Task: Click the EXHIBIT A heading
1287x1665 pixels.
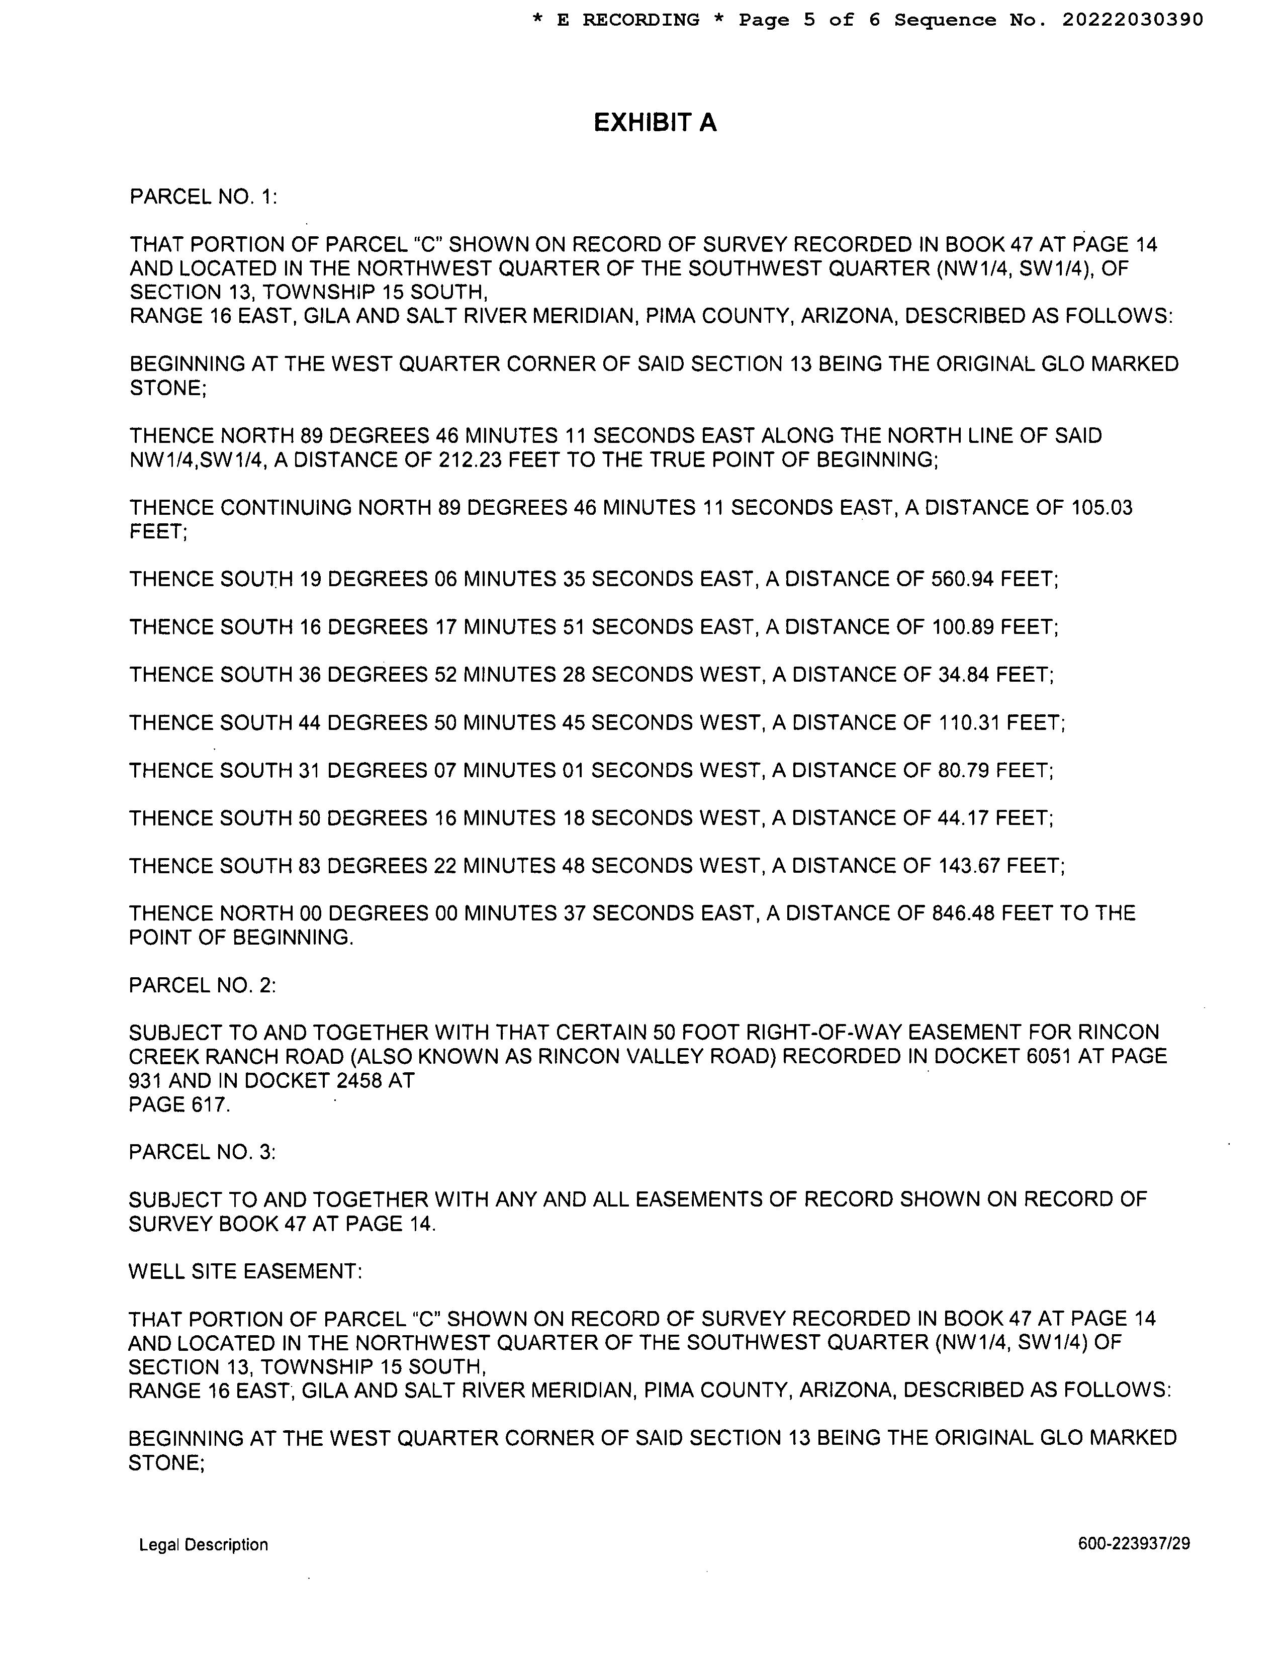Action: point(655,123)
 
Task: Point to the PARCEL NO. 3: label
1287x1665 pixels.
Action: point(203,1151)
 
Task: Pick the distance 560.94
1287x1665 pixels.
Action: point(962,580)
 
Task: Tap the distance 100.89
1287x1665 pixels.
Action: point(962,627)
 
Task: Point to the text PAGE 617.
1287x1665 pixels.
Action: point(179,1104)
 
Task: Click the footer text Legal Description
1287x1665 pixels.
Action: point(204,1544)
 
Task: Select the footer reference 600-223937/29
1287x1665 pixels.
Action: point(1134,1544)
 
